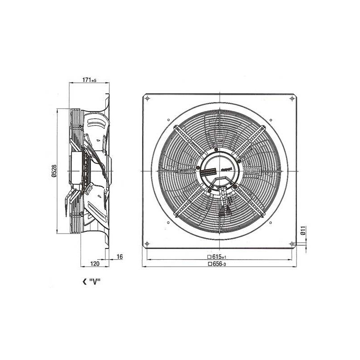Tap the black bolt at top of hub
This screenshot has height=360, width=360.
tap(216, 150)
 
